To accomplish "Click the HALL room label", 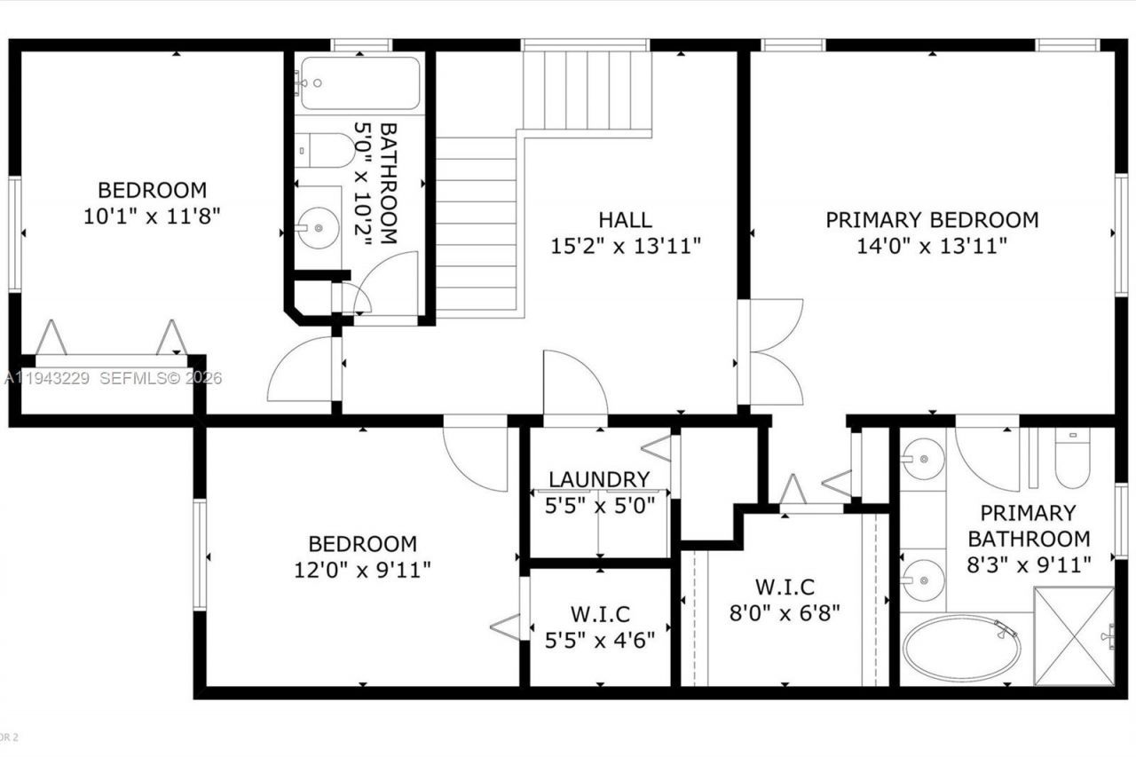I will point(625,219).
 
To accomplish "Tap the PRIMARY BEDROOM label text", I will point(932,219).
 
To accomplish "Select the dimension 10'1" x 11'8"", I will point(152,216).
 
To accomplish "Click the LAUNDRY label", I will point(598,479).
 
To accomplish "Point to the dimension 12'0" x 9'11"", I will point(362,569).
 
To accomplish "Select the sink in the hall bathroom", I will point(318,228).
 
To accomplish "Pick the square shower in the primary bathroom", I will point(1074,636).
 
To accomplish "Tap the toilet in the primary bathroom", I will point(1072,463).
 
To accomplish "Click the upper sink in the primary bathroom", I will point(923,460).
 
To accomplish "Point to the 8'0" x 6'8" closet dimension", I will point(785,611).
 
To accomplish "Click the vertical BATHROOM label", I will point(388,183).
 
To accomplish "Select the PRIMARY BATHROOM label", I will point(1028,525).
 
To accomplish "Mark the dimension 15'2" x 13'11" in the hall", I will point(625,246).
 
